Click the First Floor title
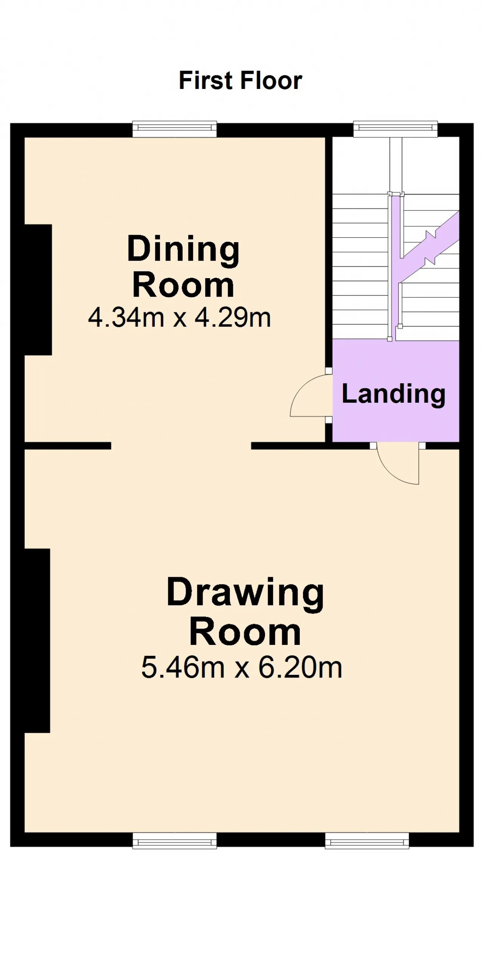point(240,80)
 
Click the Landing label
point(394,394)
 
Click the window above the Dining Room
point(175,129)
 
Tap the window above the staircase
point(395,129)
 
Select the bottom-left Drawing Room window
point(175,841)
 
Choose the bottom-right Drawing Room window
point(367,841)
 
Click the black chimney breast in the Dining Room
point(38,290)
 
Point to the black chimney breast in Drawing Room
point(37,640)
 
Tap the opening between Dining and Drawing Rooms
point(181,445)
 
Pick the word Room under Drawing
point(245,632)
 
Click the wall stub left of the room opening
point(68,445)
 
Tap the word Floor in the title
point(271,80)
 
